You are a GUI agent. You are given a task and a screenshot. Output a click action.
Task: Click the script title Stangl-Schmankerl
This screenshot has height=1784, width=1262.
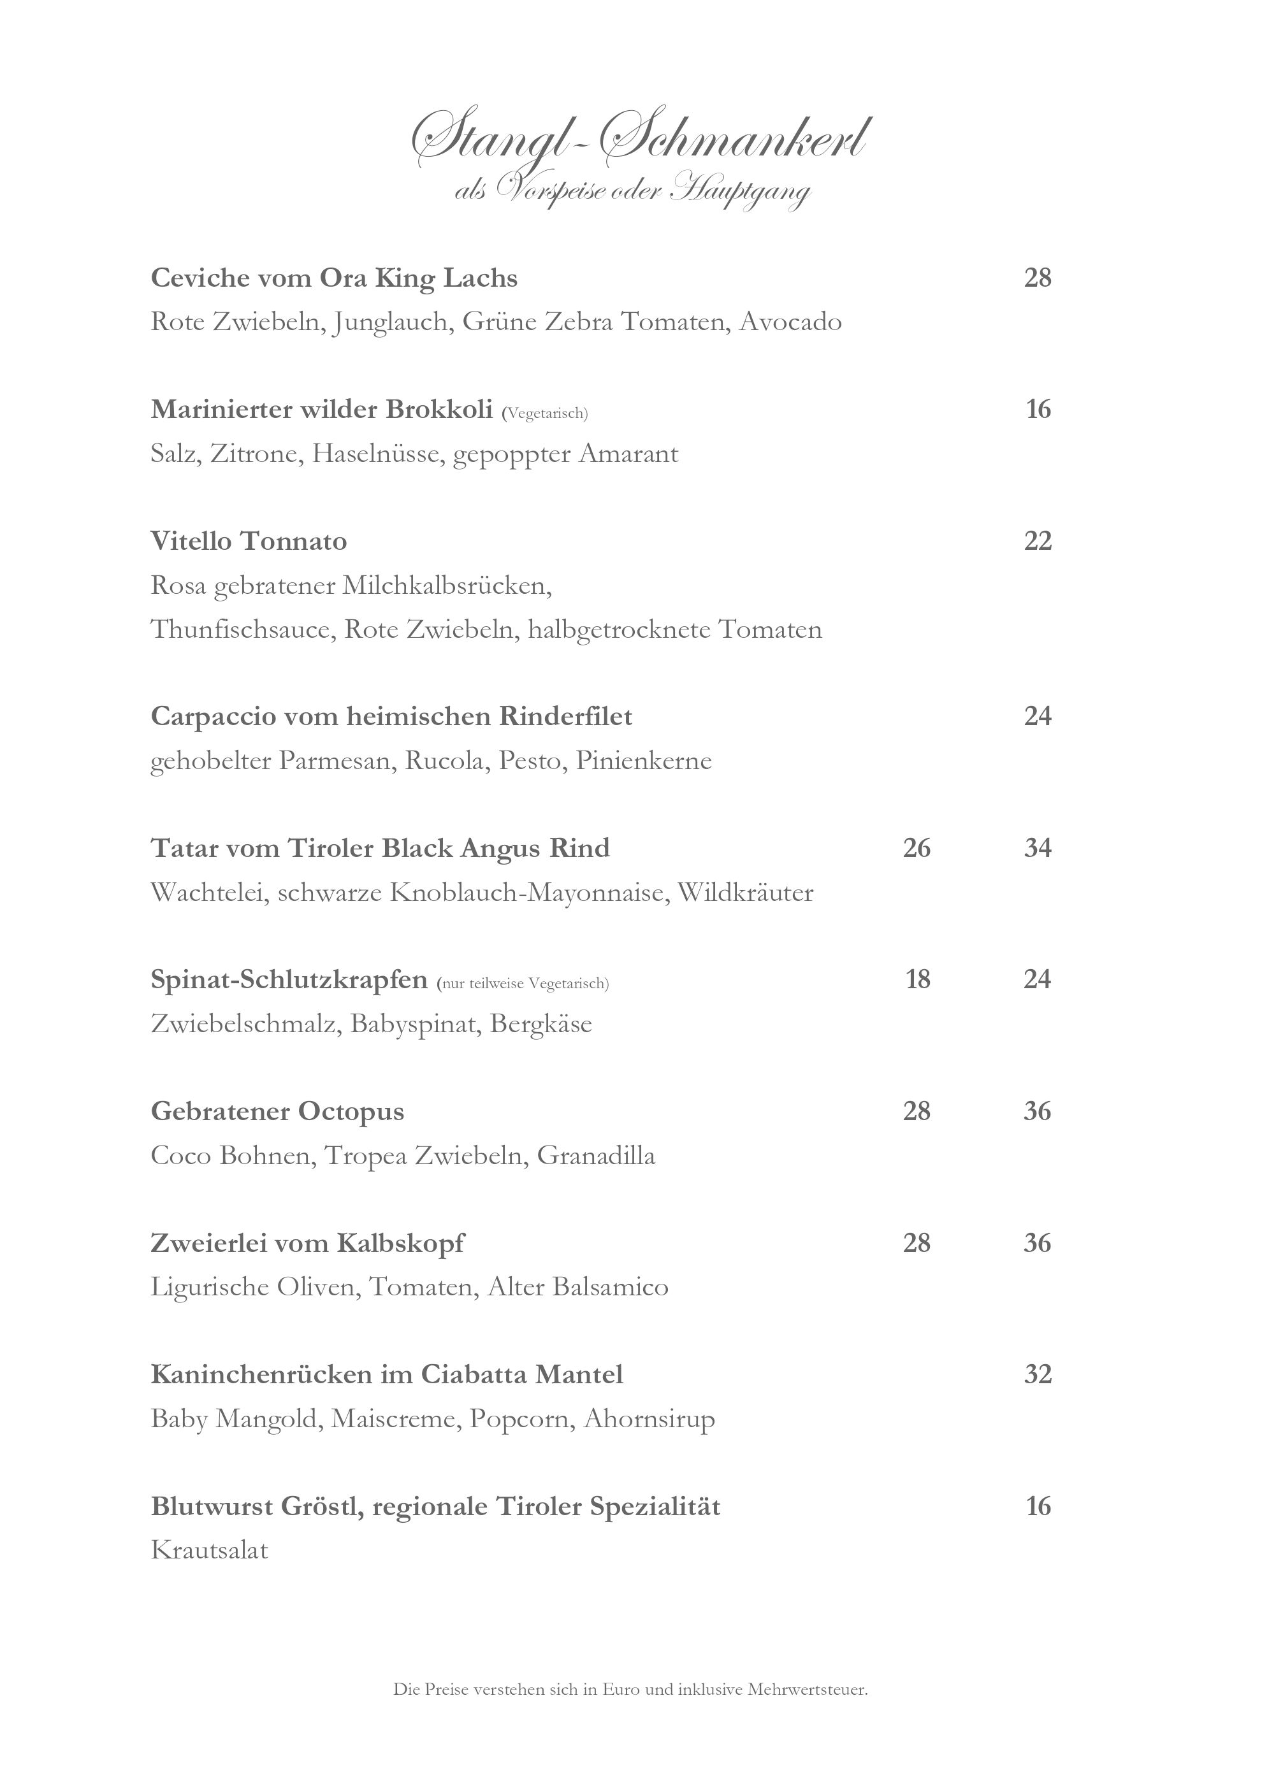[639, 141]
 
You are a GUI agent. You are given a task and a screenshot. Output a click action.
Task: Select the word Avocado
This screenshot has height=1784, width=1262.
[790, 322]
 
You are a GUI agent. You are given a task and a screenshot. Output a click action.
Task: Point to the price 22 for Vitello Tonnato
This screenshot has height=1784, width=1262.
[1038, 541]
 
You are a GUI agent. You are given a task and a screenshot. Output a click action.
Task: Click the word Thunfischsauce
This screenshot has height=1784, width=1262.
[241, 629]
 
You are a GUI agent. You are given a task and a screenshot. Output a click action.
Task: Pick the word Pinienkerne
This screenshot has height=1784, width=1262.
[644, 761]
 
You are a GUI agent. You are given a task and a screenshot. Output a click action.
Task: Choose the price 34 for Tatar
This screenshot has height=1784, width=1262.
[1038, 847]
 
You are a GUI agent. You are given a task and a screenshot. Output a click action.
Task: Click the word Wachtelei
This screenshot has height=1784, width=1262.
[210, 893]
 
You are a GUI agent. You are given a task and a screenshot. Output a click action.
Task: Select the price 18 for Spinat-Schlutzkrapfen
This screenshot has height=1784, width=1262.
[918, 979]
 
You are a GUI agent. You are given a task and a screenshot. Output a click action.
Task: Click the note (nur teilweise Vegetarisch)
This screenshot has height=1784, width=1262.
[523, 984]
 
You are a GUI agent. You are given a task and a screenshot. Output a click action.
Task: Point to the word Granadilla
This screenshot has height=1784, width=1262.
[596, 1156]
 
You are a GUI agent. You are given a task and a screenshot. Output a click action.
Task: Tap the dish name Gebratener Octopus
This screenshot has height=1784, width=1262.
[277, 1112]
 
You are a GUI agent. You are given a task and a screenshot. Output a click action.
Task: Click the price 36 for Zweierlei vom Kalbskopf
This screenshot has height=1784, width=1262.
[1038, 1243]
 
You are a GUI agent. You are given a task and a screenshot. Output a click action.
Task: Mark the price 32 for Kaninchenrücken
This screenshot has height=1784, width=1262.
[1038, 1374]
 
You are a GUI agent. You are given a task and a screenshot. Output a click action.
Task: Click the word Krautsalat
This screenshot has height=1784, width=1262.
[209, 1551]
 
